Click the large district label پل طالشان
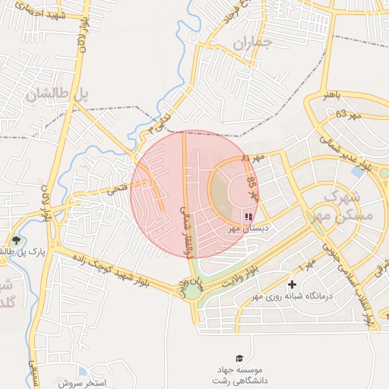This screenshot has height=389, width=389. (x=57, y=94)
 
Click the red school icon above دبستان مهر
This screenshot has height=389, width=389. (x=248, y=217)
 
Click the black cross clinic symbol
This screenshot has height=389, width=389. (x=291, y=284)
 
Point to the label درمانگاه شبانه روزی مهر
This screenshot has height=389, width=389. (x=292, y=296)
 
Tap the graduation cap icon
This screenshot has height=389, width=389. (x=240, y=358)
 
